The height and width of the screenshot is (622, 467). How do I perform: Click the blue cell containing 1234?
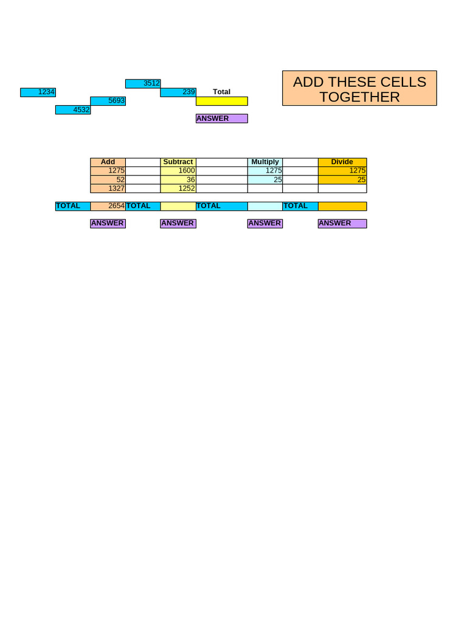click(x=38, y=92)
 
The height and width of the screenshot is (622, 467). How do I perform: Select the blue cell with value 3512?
click(x=143, y=84)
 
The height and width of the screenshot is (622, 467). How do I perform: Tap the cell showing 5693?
click(x=108, y=101)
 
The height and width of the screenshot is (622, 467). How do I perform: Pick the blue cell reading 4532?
click(x=73, y=110)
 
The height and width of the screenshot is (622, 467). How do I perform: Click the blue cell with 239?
click(x=178, y=92)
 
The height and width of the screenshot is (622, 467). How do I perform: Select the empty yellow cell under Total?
click(x=221, y=101)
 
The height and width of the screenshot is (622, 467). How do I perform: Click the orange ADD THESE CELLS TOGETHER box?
click(x=359, y=88)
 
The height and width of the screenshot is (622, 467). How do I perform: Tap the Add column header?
click(x=108, y=162)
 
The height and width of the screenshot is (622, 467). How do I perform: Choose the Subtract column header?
click(x=178, y=162)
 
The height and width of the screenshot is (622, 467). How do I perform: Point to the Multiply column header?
click(x=265, y=162)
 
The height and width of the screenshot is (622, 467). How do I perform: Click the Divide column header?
click(x=342, y=162)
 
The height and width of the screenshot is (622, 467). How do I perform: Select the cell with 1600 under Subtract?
click(x=178, y=171)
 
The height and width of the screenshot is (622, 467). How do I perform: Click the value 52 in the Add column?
click(x=108, y=180)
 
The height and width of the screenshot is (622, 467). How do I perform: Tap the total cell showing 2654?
click(x=108, y=206)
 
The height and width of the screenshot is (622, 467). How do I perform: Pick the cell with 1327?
click(x=108, y=188)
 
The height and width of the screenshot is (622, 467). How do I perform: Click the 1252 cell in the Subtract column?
click(x=178, y=188)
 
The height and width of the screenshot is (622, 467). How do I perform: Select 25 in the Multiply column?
click(x=265, y=180)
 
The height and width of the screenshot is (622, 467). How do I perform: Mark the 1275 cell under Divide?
click(x=342, y=171)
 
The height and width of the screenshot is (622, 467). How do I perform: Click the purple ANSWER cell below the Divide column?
click(x=342, y=224)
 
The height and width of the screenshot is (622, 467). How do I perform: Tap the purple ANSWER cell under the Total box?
click(x=221, y=118)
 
